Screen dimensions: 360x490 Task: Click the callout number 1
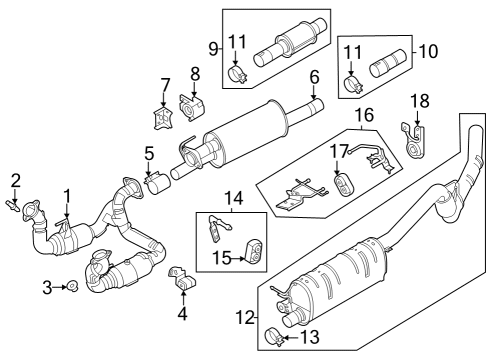click(68, 194)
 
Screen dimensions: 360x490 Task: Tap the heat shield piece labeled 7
click(160, 116)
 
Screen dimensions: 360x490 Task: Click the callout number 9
click(214, 48)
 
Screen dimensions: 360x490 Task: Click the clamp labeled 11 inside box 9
click(238, 75)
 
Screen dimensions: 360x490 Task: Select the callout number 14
click(232, 199)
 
